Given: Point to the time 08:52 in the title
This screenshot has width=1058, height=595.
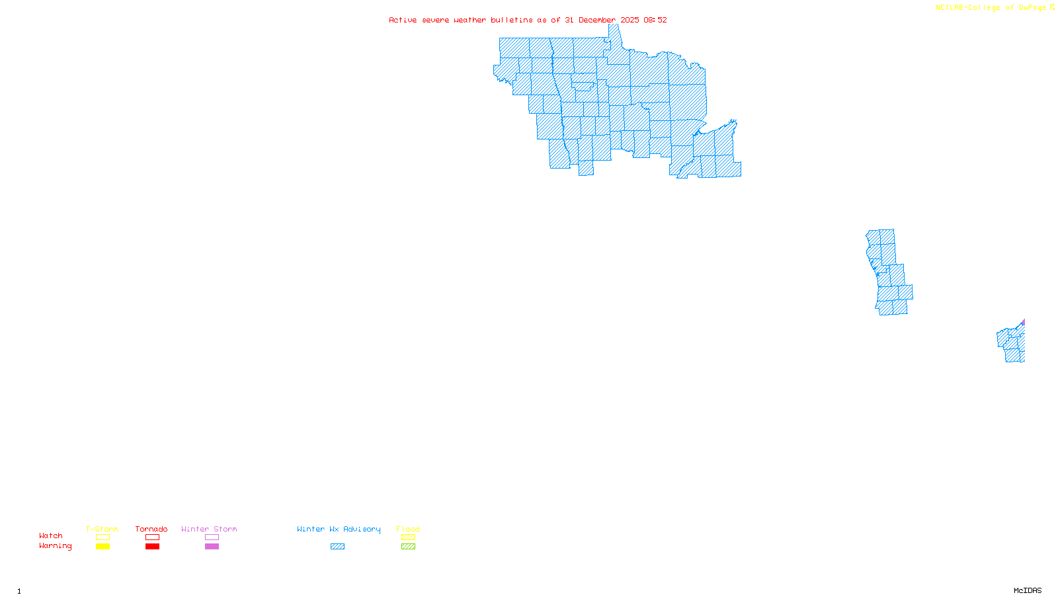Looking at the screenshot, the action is [655, 20].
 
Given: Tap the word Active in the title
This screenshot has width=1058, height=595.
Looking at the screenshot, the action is [403, 20].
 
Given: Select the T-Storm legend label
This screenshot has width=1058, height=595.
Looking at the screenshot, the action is [102, 529].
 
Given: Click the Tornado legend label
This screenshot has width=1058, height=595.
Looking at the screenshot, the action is [151, 529].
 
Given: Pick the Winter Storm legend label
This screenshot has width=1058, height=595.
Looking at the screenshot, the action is [209, 529].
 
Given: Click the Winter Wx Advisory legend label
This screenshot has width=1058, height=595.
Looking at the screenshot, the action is [339, 529].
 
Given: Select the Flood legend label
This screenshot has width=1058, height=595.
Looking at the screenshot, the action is [408, 529].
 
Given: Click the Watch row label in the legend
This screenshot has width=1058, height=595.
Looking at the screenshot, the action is [51, 536].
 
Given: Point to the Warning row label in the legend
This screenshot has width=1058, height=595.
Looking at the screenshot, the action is [56, 546].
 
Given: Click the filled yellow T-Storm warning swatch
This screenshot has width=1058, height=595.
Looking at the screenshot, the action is [102, 547].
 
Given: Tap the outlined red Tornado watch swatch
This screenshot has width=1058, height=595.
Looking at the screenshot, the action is [152, 537].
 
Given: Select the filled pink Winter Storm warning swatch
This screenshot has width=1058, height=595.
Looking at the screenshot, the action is [212, 547].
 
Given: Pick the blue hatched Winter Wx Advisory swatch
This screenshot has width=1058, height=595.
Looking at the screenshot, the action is [337, 547].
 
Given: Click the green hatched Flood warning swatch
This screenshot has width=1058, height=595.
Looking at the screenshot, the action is [408, 547].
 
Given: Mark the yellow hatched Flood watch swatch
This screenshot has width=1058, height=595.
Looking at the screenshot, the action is [408, 537].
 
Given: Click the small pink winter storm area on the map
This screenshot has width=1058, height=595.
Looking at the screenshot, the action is [1023, 323].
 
